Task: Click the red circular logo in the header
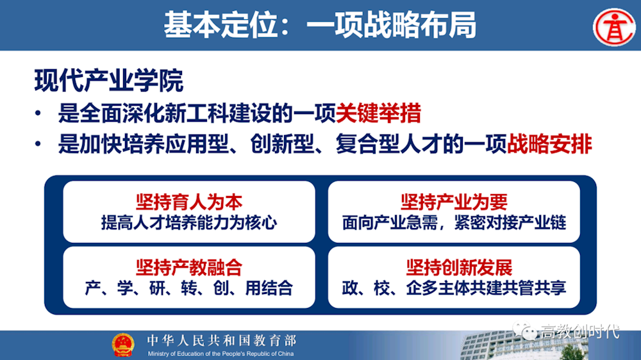click(x=614, y=27)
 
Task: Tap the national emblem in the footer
click(x=123, y=345)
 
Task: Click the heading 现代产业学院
click(x=109, y=81)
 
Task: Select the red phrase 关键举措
click(x=378, y=113)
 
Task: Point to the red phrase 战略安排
click(x=549, y=144)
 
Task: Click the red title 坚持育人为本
click(x=189, y=202)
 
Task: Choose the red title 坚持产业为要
click(x=454, y=202)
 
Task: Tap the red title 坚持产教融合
click(x=189, y=268)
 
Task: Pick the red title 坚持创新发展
click(x=459, y=268)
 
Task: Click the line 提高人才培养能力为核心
click(x=189, y=223)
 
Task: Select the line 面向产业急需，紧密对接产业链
click(x=454, y=223)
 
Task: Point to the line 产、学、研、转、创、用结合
click(x=189, y=288)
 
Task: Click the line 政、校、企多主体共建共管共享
click(x=454, y=288)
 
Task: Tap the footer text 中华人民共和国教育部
click(x=222, y=340)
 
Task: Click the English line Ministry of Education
click(x=221, y=354)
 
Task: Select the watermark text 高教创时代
click(x=580, y=331)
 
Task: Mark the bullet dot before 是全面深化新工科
click(x=38, y=113)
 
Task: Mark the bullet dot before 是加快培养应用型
click(x=38, y=144)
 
